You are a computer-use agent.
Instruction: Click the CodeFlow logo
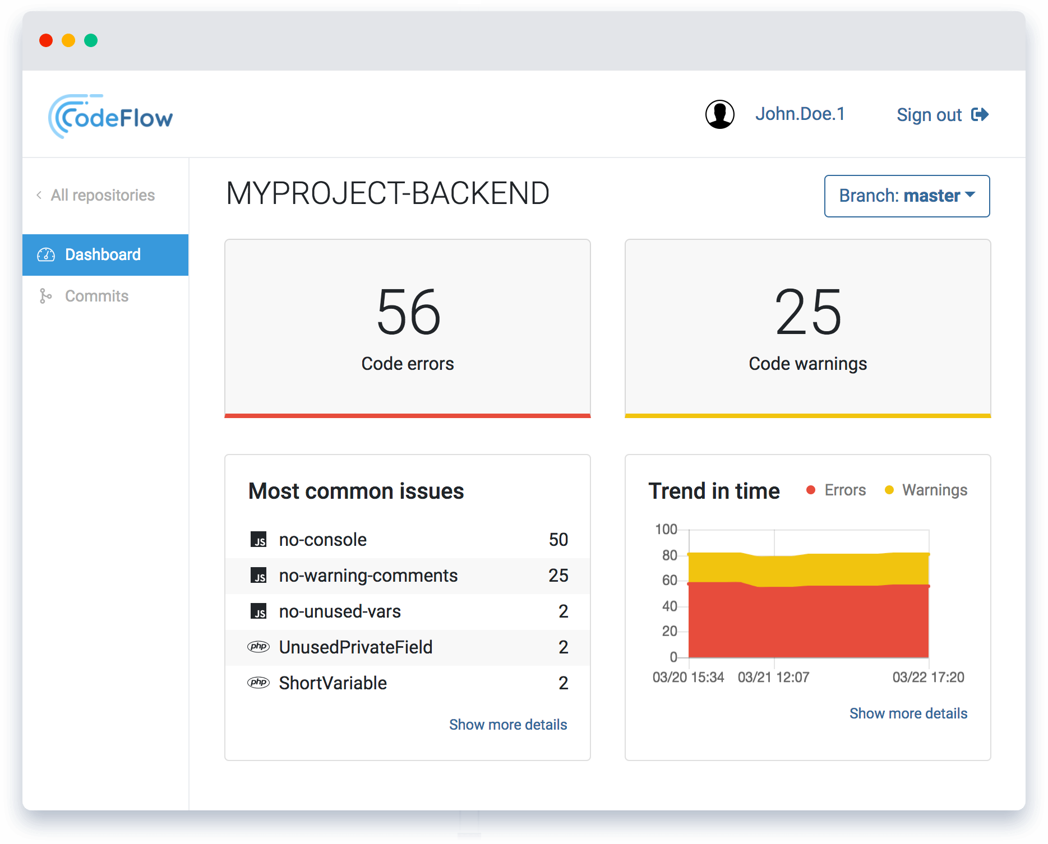coord(111,117)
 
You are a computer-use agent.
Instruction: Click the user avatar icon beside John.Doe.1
coord(719,114)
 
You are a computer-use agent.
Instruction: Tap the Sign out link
coord(941,115)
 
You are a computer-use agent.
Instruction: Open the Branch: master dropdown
coord(907,196)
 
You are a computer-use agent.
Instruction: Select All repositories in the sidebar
coord(102,195)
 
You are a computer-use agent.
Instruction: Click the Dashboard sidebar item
coord(103,254)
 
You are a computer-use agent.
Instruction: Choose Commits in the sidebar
coord(96,296)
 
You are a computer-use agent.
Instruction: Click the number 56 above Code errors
coord(408,312)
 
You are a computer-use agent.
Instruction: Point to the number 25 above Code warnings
coord(807,312)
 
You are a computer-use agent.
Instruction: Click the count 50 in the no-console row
coord(558,540)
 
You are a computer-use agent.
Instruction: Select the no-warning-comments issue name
coord(368,576)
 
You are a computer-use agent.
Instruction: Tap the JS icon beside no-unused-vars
coord(258,611)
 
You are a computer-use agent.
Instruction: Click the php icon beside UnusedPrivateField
coord(258,647)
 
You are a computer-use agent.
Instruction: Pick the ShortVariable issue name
coord(333,683)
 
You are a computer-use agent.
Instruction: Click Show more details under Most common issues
coord(508,725)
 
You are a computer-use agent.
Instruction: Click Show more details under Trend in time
coord(908,713)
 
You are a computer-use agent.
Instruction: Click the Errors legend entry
coord(844,490)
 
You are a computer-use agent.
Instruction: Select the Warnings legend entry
coord(934,490)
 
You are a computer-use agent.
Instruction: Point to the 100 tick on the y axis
coord(666,530)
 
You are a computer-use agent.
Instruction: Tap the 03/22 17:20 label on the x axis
coord(928,678)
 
